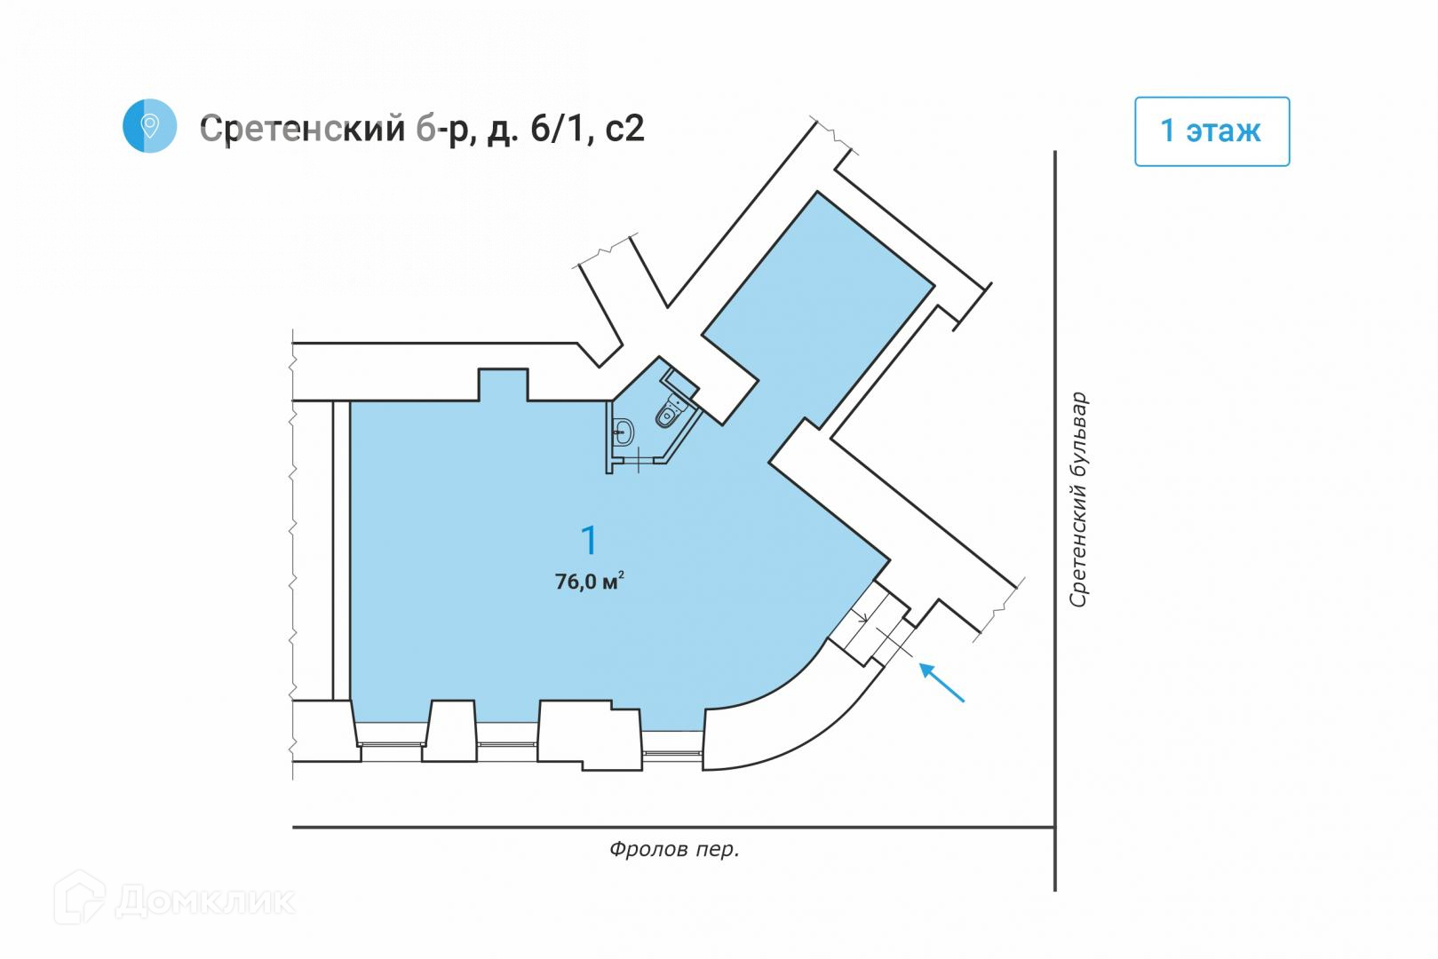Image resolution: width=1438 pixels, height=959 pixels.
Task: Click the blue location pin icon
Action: coord(149,126)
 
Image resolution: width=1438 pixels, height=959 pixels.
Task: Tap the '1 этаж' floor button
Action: coord(1212,131)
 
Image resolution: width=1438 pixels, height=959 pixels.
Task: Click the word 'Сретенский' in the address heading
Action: coord(302,129)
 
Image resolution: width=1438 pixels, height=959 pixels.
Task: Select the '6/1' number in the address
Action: coord(558,129)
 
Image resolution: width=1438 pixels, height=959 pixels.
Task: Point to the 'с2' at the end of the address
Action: coord(624,129)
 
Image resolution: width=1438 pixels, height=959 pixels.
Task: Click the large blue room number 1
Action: coord(589,540)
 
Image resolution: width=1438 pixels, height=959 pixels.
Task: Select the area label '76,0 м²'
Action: coord(589,582)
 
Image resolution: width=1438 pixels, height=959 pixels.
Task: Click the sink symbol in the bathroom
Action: coord(624,432)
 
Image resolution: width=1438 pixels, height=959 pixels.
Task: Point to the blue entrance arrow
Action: coord(941,683)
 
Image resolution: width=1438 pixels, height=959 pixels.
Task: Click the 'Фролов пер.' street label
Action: coord(674,850)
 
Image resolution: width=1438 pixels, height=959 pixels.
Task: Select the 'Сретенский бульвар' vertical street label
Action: coord(1078,500)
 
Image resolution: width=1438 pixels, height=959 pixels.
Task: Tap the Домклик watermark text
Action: coord(205,901)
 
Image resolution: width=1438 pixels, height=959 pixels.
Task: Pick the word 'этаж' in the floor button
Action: coord(1224,131)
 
